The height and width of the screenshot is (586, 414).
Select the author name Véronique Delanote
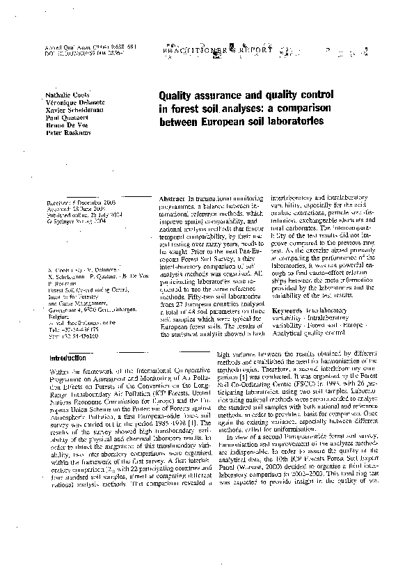70,102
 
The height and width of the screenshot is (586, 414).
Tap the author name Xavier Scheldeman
69,109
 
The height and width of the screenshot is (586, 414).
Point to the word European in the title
226,122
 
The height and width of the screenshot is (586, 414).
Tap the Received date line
79,201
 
